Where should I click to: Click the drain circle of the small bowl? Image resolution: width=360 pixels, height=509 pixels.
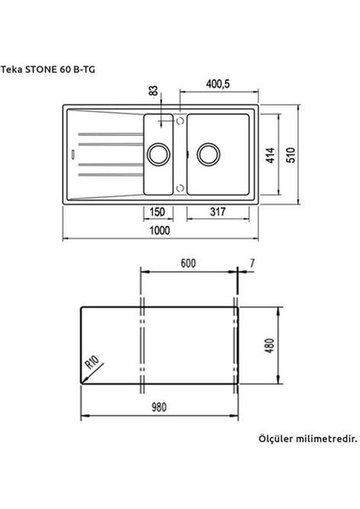(158, 155)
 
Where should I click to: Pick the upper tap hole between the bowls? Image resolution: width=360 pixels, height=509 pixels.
(179, 122)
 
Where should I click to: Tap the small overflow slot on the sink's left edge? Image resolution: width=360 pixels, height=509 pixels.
(74, 155)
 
